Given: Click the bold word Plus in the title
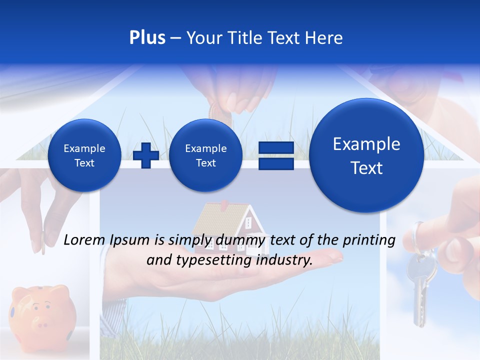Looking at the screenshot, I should click(x=147, y=38).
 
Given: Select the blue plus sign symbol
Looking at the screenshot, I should click(x=146, y=155).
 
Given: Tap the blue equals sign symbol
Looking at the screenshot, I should click(x=275, y=155).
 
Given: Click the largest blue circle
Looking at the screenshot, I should click(x=366, y=155).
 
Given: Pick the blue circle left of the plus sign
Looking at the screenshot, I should click(x=84, y=155).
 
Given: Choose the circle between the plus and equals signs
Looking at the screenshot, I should click(x=205, y=155).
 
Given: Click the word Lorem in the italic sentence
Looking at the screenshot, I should click(x=85, y=240).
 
